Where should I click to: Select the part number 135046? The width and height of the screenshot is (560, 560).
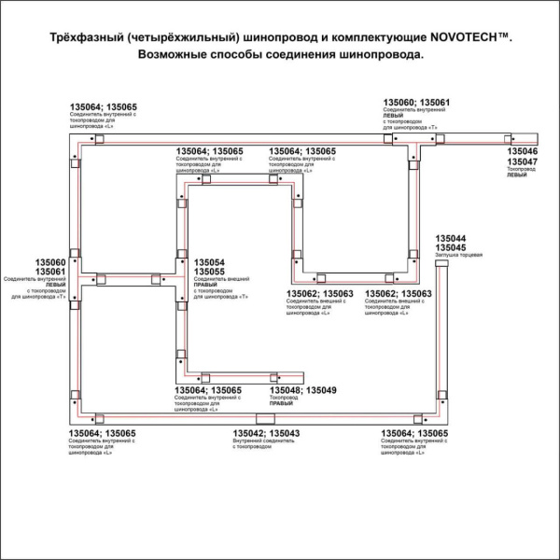(x=522, y=150)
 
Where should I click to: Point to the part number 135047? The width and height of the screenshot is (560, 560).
(x=522, y=161)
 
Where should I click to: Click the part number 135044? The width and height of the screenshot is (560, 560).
(x=451, y=238)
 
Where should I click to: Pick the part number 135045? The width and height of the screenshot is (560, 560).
(x=451, y=247)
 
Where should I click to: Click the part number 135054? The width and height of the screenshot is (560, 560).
(x=209, y=262)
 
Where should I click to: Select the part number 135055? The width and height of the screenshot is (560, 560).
(x=209, y=272)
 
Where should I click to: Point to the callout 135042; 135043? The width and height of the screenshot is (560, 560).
(x=266, y=433)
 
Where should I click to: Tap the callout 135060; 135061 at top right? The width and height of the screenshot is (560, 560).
(x=417, y=102)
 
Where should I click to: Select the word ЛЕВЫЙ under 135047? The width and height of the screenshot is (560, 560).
(x=517, y=175)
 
